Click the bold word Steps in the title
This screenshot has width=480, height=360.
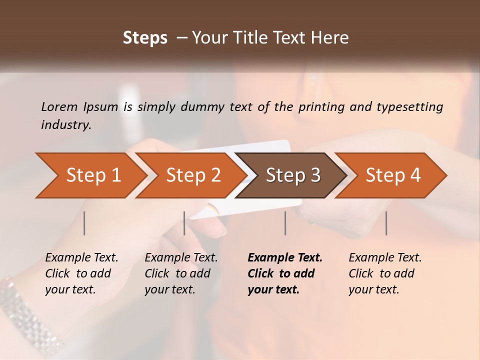click(145, 38)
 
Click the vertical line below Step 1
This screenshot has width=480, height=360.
click(84, 223)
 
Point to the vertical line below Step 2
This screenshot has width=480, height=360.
click(184, 223)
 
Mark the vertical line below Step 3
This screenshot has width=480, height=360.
click(285, 223)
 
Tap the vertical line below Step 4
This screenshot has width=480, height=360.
click(386, 223)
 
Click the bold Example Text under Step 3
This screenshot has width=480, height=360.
click(285, 273)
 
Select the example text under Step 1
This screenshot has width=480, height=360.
click(81, 273)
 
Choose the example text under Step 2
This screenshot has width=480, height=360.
click(181, 273)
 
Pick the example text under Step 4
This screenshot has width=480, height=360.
click(385, 273)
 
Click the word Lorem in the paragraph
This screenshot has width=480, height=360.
click(59, 106)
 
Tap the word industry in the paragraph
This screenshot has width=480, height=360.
click(66, 125)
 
